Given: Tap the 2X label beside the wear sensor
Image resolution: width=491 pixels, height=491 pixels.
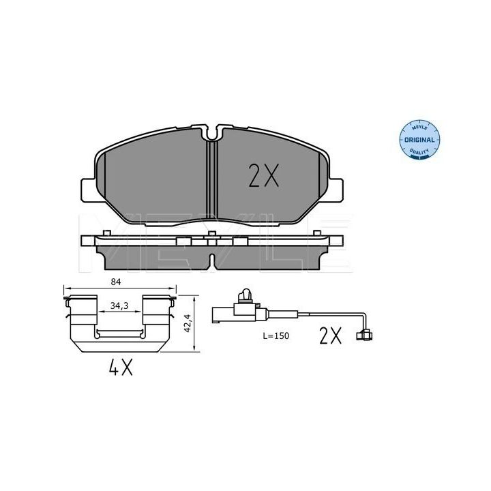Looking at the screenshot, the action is pyautogui.click(x=330, y=336).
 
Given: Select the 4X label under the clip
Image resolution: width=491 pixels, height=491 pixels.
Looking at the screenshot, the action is pyautogui.click(x=121, y=367).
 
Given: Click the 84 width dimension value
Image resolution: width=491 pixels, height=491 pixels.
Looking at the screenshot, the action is pyautogui.click(x=115, y=282).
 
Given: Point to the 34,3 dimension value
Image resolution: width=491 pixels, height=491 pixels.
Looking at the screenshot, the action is pyautogui.click(x=119, y=306).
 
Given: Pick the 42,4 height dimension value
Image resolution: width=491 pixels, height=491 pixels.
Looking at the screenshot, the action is pyautogui.click(x=188, y=323).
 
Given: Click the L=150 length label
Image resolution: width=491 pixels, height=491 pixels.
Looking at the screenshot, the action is pyautogui.click(x=276, y=336).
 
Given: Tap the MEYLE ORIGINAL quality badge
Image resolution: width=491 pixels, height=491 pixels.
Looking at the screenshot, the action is pyautogui.click(x=419, y=140).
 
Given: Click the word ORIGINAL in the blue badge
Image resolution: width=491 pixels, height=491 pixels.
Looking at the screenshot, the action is pyautogui.click(x=419, y=140).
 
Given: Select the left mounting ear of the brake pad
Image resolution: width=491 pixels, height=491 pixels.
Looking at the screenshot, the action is pyautogui.click(x=88, y=190).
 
